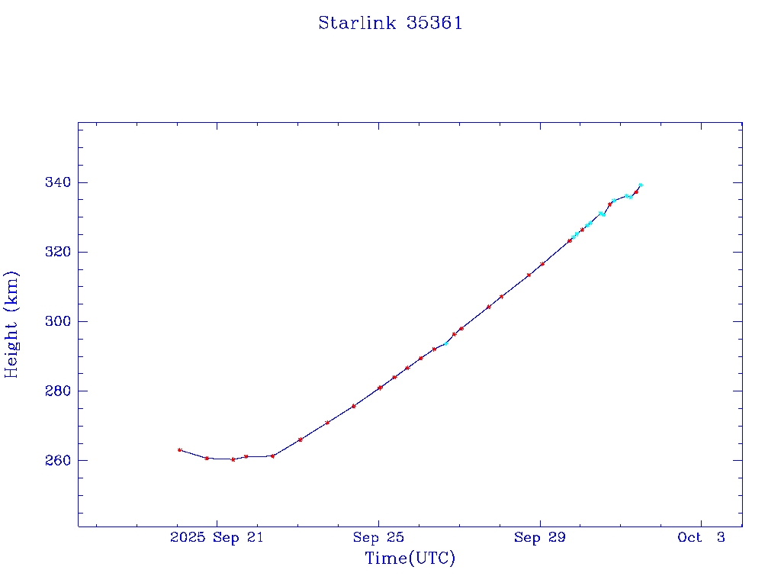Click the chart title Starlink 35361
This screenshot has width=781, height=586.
[390, 24]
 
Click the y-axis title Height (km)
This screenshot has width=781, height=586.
[12, 324]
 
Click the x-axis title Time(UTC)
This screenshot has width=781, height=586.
[410, 559]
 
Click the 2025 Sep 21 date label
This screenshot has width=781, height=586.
[217, 538]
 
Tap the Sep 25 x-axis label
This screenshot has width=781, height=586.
[378, 538]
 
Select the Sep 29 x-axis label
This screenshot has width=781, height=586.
[540, 538]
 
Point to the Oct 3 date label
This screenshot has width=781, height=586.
[701, 538]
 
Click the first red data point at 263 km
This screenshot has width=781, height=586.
[179, 450]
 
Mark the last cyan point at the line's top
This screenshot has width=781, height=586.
[641, 185]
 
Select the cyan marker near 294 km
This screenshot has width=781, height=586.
[446, 343]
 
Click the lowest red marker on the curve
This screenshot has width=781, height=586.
[233, 459]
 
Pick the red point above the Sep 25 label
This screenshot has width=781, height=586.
[380, 388]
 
